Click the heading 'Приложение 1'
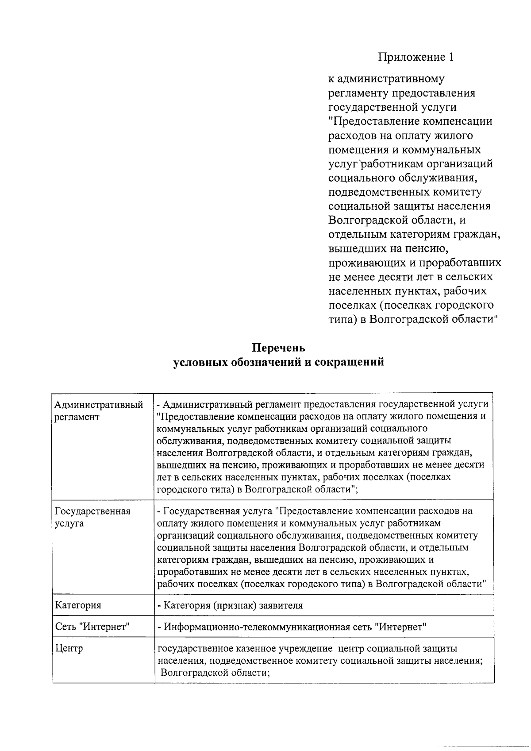pos(416,57)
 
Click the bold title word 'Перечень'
pos(278,348)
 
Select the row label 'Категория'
pos(78,605)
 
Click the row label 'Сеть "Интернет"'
pos(92,627)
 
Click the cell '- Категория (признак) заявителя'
pos(230,605)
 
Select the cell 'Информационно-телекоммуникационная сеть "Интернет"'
pos(292,627)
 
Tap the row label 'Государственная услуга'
pos(92,517)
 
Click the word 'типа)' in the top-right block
pos(342,320)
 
